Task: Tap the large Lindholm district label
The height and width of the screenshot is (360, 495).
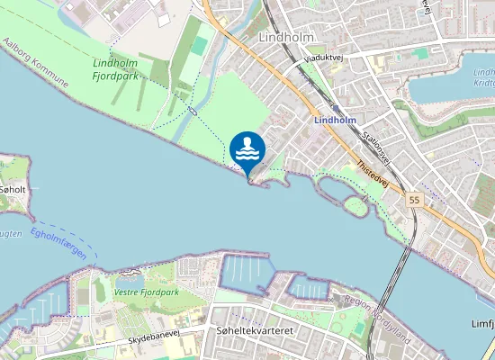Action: click(x=284, y=39)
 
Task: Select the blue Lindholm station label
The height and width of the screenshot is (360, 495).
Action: click(x=336, y=119)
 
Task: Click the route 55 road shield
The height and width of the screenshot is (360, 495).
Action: click(x=413, y=199)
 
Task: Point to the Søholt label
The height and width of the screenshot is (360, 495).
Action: click(x=14, y=191)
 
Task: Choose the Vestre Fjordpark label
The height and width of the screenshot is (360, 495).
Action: click(x=147, y=292)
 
